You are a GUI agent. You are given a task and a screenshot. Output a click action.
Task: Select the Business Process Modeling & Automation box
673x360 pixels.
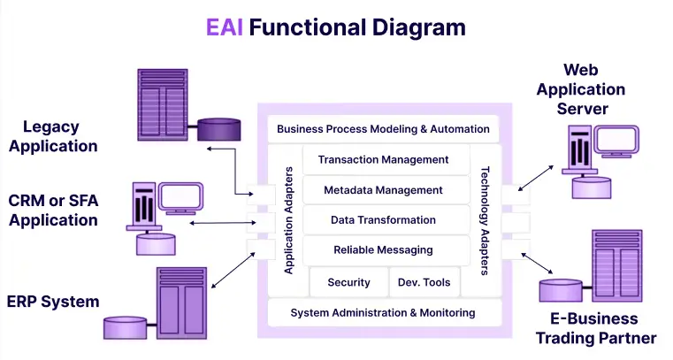[x=383, y=129]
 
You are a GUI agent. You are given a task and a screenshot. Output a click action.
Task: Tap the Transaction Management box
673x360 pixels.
[x=383, y=160]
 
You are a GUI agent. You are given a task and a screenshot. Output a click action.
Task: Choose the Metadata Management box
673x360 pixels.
[x=383, y=190]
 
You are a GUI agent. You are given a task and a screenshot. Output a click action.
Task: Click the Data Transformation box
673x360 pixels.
[x=383, y=220]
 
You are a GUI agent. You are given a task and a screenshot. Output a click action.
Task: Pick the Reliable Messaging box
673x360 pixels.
[x=383, y=250]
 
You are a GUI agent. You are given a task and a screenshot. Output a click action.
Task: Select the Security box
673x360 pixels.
[x=348, y=283]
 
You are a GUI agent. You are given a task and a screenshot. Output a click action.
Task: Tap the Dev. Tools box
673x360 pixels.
[x=424, y=283]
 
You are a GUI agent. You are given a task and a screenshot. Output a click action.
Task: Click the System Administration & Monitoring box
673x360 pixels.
[x=383, y=313]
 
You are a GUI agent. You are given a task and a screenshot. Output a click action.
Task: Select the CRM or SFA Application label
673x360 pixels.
[x=54, y=211]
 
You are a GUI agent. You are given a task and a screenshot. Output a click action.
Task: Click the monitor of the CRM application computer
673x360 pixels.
[x=181, y=196]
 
